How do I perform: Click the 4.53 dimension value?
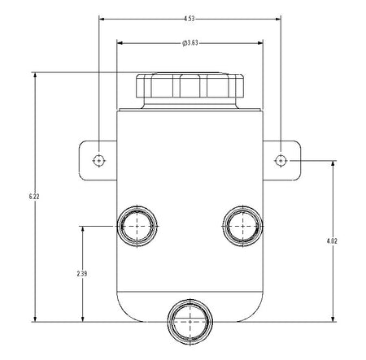pos(190,19)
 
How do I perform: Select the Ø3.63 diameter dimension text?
pos(190,43)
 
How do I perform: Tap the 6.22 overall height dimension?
pos(34,197)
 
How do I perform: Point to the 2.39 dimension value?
pos(82,274)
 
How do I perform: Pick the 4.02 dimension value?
pos(332,241)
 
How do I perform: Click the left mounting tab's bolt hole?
pos(99,161)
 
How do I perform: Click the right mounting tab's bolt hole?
pos(281,161)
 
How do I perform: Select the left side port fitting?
pos(137,226)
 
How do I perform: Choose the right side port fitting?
pos(242,226)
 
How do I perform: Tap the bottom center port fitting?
pos(190,322)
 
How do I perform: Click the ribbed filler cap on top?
pos(190,85)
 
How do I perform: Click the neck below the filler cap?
pos(190,103)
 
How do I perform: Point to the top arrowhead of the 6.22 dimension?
pos(35,75)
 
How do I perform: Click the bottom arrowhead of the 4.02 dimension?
pos(333,319)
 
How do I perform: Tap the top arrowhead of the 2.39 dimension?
pos(83,229)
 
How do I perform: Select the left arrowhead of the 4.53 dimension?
pos(102,19)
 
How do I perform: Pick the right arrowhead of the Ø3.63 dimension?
pos(260,43)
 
